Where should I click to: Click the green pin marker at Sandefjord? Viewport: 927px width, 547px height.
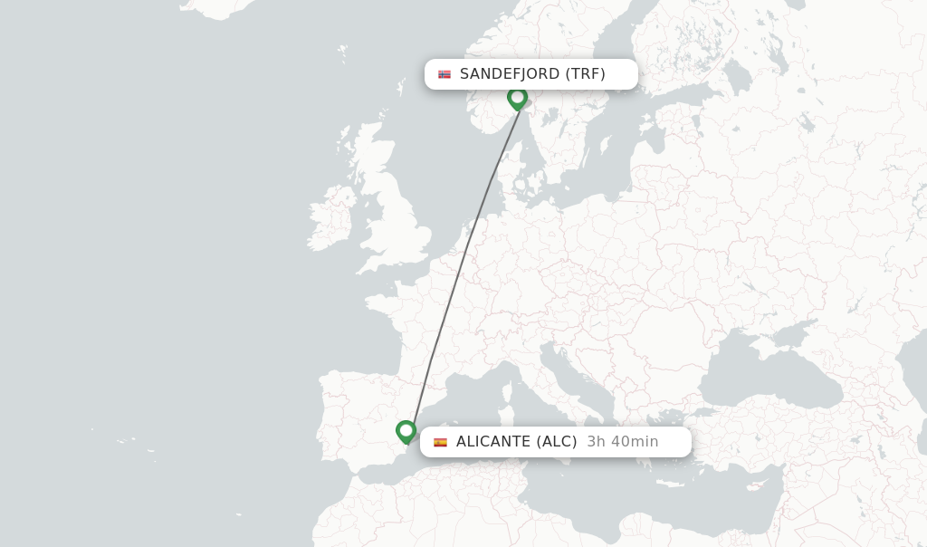click(517, 97)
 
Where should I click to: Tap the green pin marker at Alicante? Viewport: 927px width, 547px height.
click(406, 431)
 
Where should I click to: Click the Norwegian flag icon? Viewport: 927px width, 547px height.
click(444, 74)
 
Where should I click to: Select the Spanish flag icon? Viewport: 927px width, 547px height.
click(440, 442)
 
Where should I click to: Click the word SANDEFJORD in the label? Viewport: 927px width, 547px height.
click(510, 74)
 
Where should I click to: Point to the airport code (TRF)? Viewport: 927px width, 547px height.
click(585, 74)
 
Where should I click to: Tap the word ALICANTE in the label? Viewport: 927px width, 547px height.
click(493, 442)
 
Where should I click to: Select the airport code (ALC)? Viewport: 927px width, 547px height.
click(557, 442)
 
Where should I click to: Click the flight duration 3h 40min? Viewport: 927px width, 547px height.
click(622, 442)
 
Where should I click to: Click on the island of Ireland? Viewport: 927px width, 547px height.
click(333, 217)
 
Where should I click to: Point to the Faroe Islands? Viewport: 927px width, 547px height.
click(342, 51)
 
